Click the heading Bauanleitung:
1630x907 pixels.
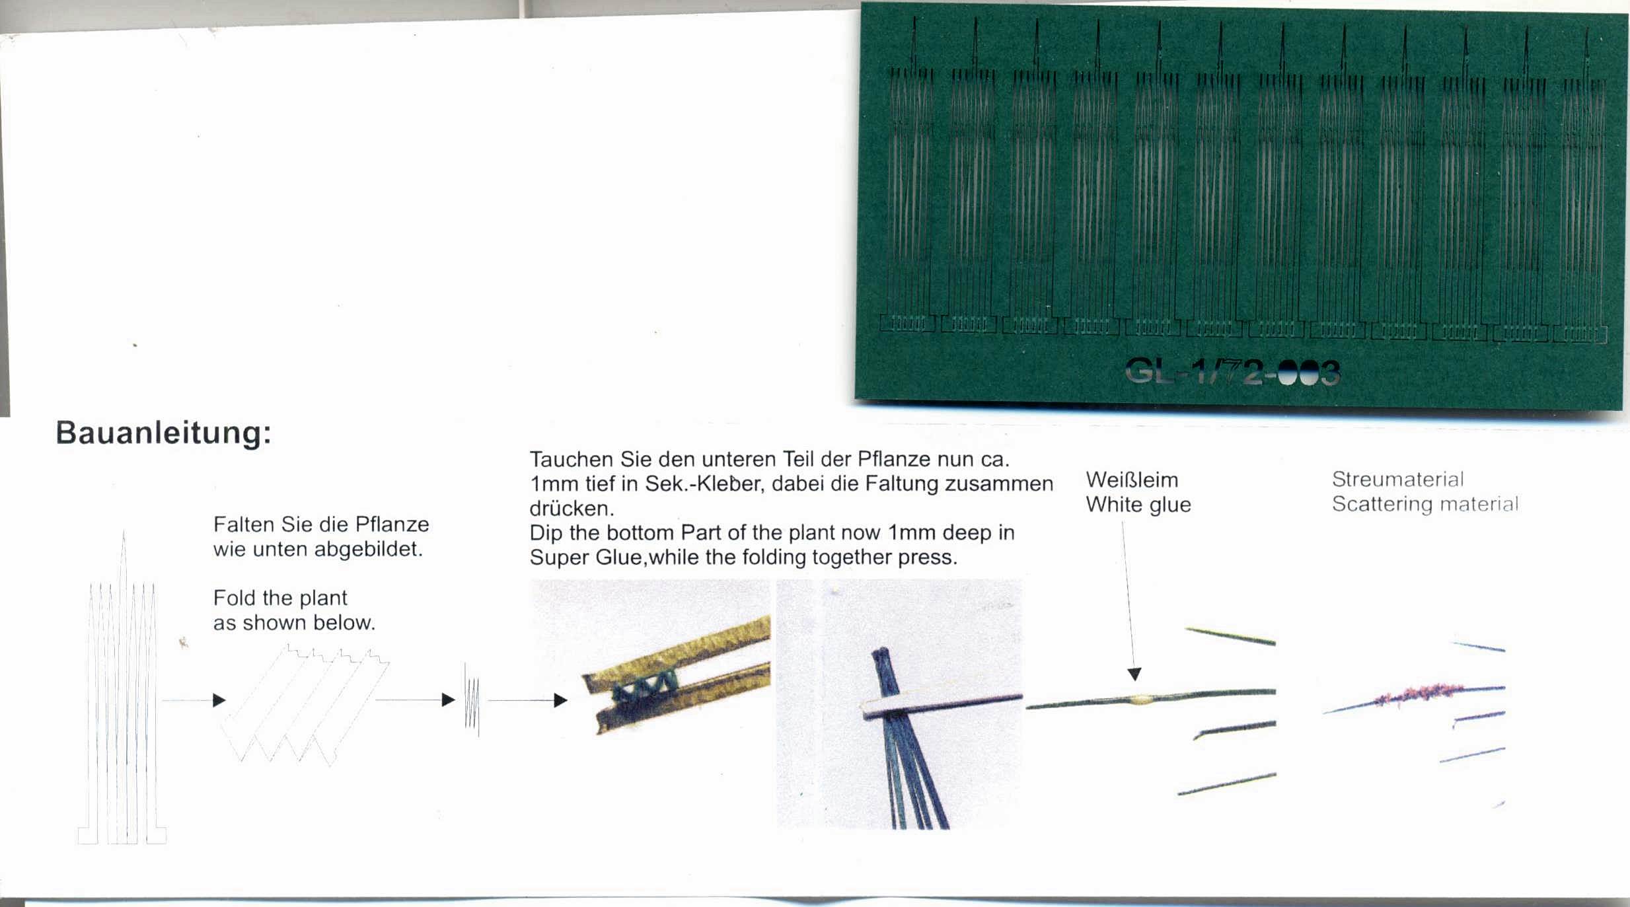(x=163, y=433)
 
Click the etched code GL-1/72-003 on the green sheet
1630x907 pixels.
(x=1232, y=373)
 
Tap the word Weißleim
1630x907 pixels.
(x=1132, y=480)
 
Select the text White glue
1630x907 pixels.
(x=1138, y=505)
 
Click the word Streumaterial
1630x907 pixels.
(x=1397, y=479)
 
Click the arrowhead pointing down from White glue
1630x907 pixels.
(x=1134, y=674)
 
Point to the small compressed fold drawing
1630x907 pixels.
(x=472, y=700)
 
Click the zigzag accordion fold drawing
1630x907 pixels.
(x=305, y=706)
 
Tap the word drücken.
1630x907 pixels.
(x=572, y=509)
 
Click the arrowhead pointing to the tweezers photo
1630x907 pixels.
(x=560, y=700)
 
